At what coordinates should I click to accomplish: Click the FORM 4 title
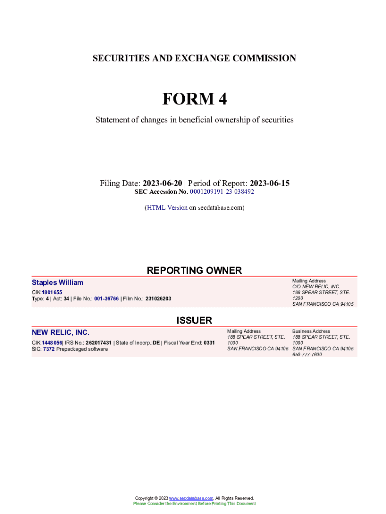coord(194,99)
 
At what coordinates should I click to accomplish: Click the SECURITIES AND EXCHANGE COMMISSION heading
coord(194,58)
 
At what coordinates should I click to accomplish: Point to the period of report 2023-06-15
coord(269,183)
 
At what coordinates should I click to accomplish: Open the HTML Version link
coord(167,207)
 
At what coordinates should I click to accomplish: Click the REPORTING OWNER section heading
coord(194,270)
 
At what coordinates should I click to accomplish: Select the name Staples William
coord(57,283)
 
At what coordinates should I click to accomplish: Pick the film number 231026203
coord(158,299)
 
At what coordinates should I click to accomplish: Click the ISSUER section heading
coord(194,320)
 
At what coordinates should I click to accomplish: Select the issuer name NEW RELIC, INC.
coord(60,332)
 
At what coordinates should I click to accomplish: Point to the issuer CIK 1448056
coord(52,343)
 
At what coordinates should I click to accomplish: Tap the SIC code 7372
coord(49,349)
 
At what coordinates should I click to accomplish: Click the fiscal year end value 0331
coord(209,343)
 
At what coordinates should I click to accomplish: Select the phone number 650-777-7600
coord(307,354)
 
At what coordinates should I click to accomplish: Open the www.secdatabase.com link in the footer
coord(191,498)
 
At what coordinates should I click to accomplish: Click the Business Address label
coord(311,331)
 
